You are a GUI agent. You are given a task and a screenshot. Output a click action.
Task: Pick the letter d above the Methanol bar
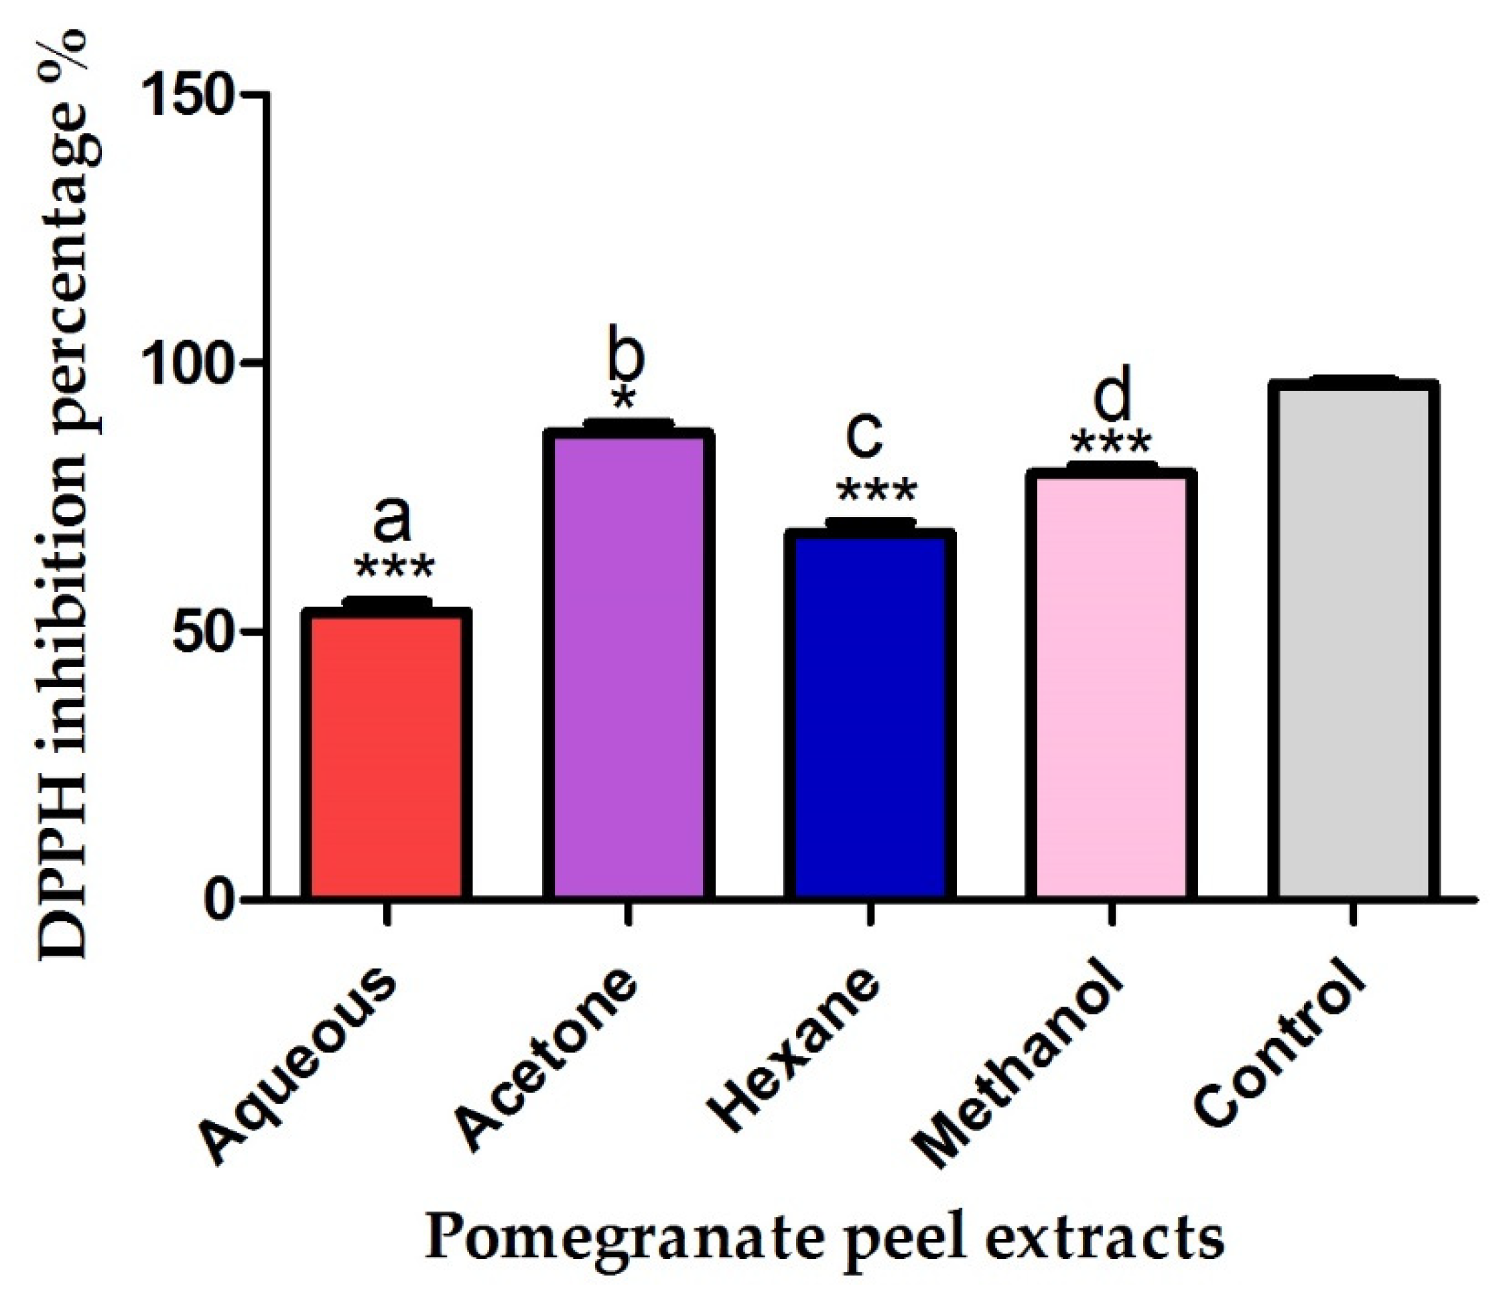[1114, 397]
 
